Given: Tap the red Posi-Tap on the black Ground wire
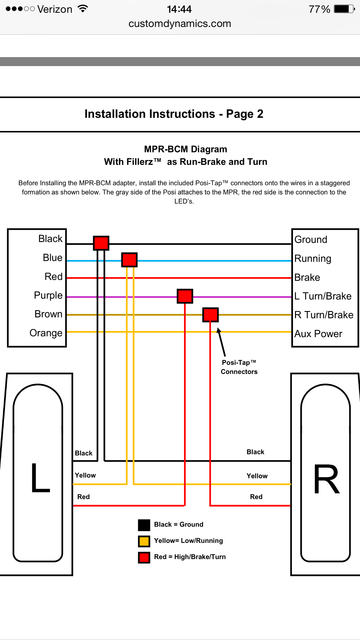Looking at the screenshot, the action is pos(101,243).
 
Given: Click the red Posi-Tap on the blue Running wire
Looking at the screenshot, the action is pos(129,260).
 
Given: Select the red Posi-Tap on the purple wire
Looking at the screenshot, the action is pos(185,296).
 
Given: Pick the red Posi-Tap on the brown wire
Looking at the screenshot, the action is pos(210,315).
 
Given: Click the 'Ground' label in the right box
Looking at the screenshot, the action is pos(311,240).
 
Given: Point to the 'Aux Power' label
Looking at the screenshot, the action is pos(318,334).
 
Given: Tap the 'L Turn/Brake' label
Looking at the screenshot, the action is pos(323,296).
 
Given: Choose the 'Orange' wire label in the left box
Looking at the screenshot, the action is pos(46,333).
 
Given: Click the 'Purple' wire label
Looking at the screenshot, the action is pos(48,295).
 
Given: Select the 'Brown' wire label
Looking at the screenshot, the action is pos(49,314).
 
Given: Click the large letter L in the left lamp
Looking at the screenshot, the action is pos(40,477).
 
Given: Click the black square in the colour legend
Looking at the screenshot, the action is pos(144,525).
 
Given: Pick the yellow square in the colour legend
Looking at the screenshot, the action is pos(144,541).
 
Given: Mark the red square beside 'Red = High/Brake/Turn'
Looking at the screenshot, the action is pos(144,557).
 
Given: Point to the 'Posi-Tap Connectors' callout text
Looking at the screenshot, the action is pos(239,367).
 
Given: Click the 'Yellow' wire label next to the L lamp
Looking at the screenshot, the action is pos(85,475).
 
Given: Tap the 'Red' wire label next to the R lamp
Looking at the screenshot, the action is pos(256,497).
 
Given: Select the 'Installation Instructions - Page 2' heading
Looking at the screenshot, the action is pos(174,114).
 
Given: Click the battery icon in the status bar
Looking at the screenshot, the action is pos(344,9).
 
